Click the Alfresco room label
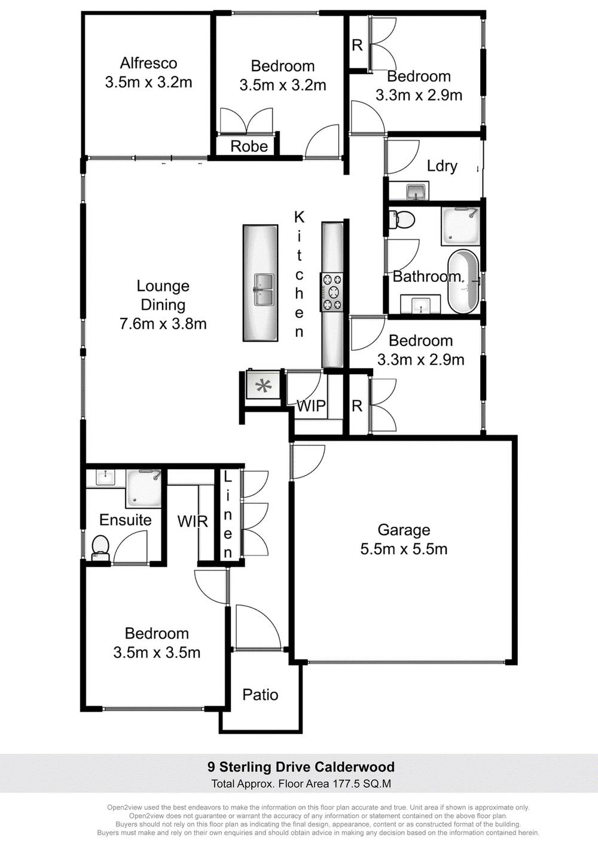[x=148, y=63]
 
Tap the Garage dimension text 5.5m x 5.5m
[x=404, y=549]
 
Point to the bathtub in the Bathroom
[x=463, y=281]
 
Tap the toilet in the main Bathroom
[x=404, y=220]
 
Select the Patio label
[x=260, y=694]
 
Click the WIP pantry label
[x=311, y=406]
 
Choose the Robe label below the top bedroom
[x=249, y=146]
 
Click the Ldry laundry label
[x=442, y=166]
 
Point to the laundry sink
[x=416, y=192]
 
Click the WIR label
[x=193, y=521]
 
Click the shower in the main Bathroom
[x=460, y=226]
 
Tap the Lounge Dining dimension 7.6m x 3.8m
[x=163, y=324]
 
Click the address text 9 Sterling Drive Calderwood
[x=301, y=767]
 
